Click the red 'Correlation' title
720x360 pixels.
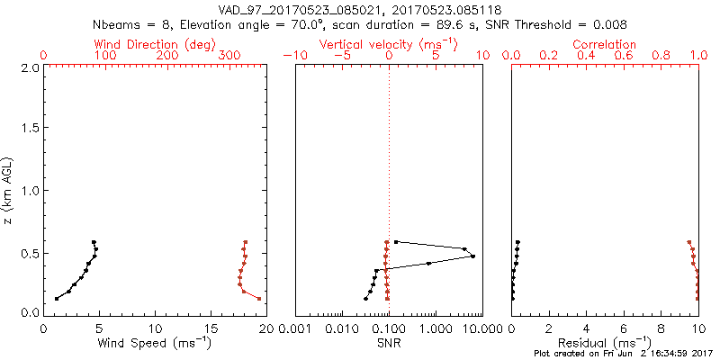coord(605,44)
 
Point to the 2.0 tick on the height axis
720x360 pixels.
coord(29,67)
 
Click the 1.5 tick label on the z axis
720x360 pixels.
coord(29,129)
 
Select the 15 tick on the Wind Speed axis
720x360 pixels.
coord(211,328)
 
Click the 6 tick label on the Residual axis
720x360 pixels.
coord(624,328)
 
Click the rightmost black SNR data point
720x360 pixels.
coord(472,256)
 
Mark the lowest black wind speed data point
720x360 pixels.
coord(57,299)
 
